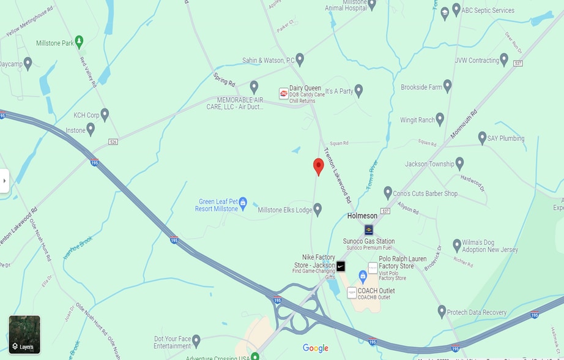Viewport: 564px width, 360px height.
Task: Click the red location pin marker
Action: coord(318,166)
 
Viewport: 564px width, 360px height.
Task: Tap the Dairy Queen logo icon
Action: coord(284,93)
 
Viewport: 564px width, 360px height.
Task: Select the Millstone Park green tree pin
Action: coord(79,42)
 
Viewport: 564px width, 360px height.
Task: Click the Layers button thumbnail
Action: coord(24,334)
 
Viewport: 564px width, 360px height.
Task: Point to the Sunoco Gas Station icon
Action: coord(369,230)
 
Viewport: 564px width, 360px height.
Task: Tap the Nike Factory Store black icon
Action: coord(341,266)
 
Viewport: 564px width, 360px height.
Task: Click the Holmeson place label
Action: coord(362,216)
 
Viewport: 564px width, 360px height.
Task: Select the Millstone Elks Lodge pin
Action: coord(317,209)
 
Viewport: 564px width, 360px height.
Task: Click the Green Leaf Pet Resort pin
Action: coord(243,202)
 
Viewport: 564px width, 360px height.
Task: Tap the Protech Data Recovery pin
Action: coord(442,311)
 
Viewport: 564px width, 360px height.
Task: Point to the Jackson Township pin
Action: coord(459,163)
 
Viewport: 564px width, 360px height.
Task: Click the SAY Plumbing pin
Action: coord(482,137)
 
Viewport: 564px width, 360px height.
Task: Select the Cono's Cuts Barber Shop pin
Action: coord(387,193)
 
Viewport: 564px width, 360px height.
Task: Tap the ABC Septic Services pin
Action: coord(456,10)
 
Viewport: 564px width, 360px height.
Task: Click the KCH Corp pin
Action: coord(105,114)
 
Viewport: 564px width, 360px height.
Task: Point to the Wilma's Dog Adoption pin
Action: coord(457,245)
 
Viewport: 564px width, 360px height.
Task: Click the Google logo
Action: coord(316,348)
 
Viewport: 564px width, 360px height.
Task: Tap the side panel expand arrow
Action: coord(4,181)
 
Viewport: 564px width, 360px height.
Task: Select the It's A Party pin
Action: coord(359,91)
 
